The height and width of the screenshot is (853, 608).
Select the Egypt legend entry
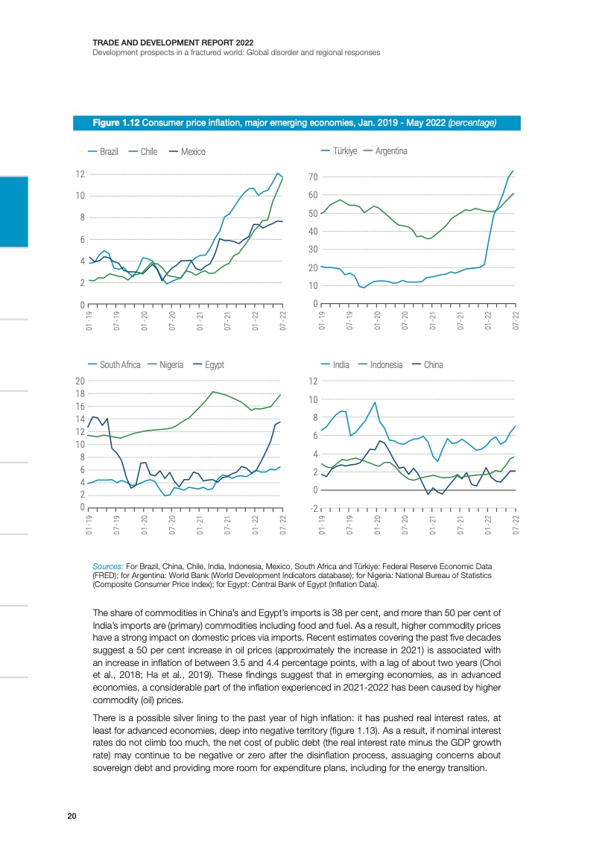click(x=214, y=365)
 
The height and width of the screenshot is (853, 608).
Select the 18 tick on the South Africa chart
click(x=78, y=394)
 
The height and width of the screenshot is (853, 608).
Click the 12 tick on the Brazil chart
click(x=78, y=174)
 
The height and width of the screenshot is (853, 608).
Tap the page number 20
click(x=72, y=816)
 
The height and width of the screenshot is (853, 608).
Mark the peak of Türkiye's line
click(x=513, y=171)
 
